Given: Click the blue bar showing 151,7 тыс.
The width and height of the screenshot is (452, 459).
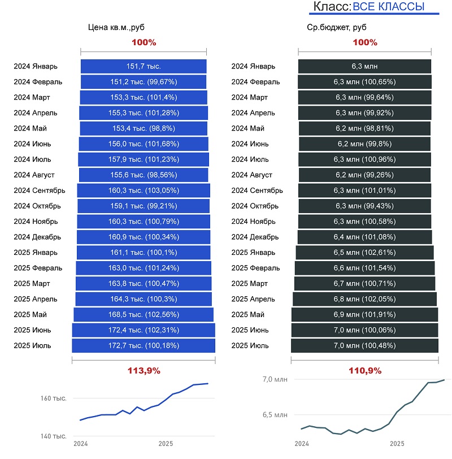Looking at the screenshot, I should [144, 66].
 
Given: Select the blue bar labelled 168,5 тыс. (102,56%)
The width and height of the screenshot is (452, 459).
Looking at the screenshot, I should [144, 314].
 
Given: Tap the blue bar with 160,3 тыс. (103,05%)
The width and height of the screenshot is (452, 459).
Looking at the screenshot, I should [144, 190].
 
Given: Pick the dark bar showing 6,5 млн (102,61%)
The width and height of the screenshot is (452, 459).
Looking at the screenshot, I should [364, 252].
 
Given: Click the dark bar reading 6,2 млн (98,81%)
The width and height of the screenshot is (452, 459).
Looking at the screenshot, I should [364, 128].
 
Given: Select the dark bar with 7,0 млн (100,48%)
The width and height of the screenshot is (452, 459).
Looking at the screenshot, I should [364, 345].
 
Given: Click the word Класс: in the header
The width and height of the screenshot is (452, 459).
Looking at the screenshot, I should [332, 7].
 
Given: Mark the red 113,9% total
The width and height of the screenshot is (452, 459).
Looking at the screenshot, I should [144, 371].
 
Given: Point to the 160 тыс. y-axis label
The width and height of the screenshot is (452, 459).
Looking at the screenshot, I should [54, 399].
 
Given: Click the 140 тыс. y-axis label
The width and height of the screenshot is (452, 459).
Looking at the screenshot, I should [54, 436].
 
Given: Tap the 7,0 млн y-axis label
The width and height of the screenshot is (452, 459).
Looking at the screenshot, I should [275, 379].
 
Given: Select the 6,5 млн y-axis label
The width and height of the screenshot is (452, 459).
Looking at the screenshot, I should [275, 415].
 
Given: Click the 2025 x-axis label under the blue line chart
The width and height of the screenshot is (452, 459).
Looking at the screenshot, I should [166, 444].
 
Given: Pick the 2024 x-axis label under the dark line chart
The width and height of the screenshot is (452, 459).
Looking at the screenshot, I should [302, 444].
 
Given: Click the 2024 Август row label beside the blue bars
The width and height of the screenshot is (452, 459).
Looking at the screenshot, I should [34, 175].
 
